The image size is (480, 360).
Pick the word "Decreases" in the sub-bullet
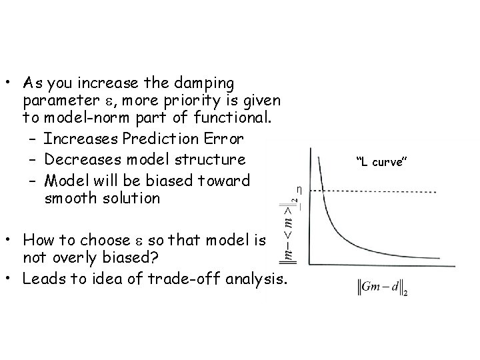tap(76, 160)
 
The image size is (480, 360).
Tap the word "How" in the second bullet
tap(36, 240)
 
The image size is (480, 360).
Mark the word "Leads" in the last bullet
tap(42, 278)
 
